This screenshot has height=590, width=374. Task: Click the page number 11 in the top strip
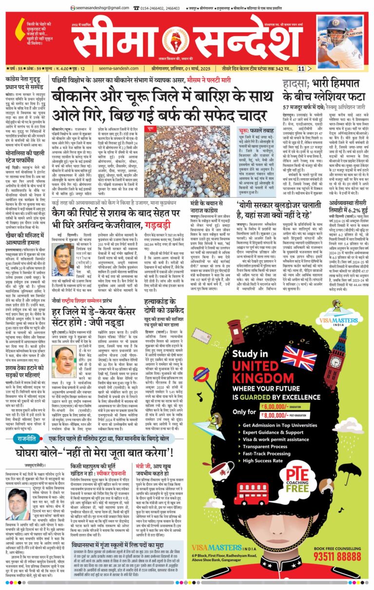click(x=301, y=69)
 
